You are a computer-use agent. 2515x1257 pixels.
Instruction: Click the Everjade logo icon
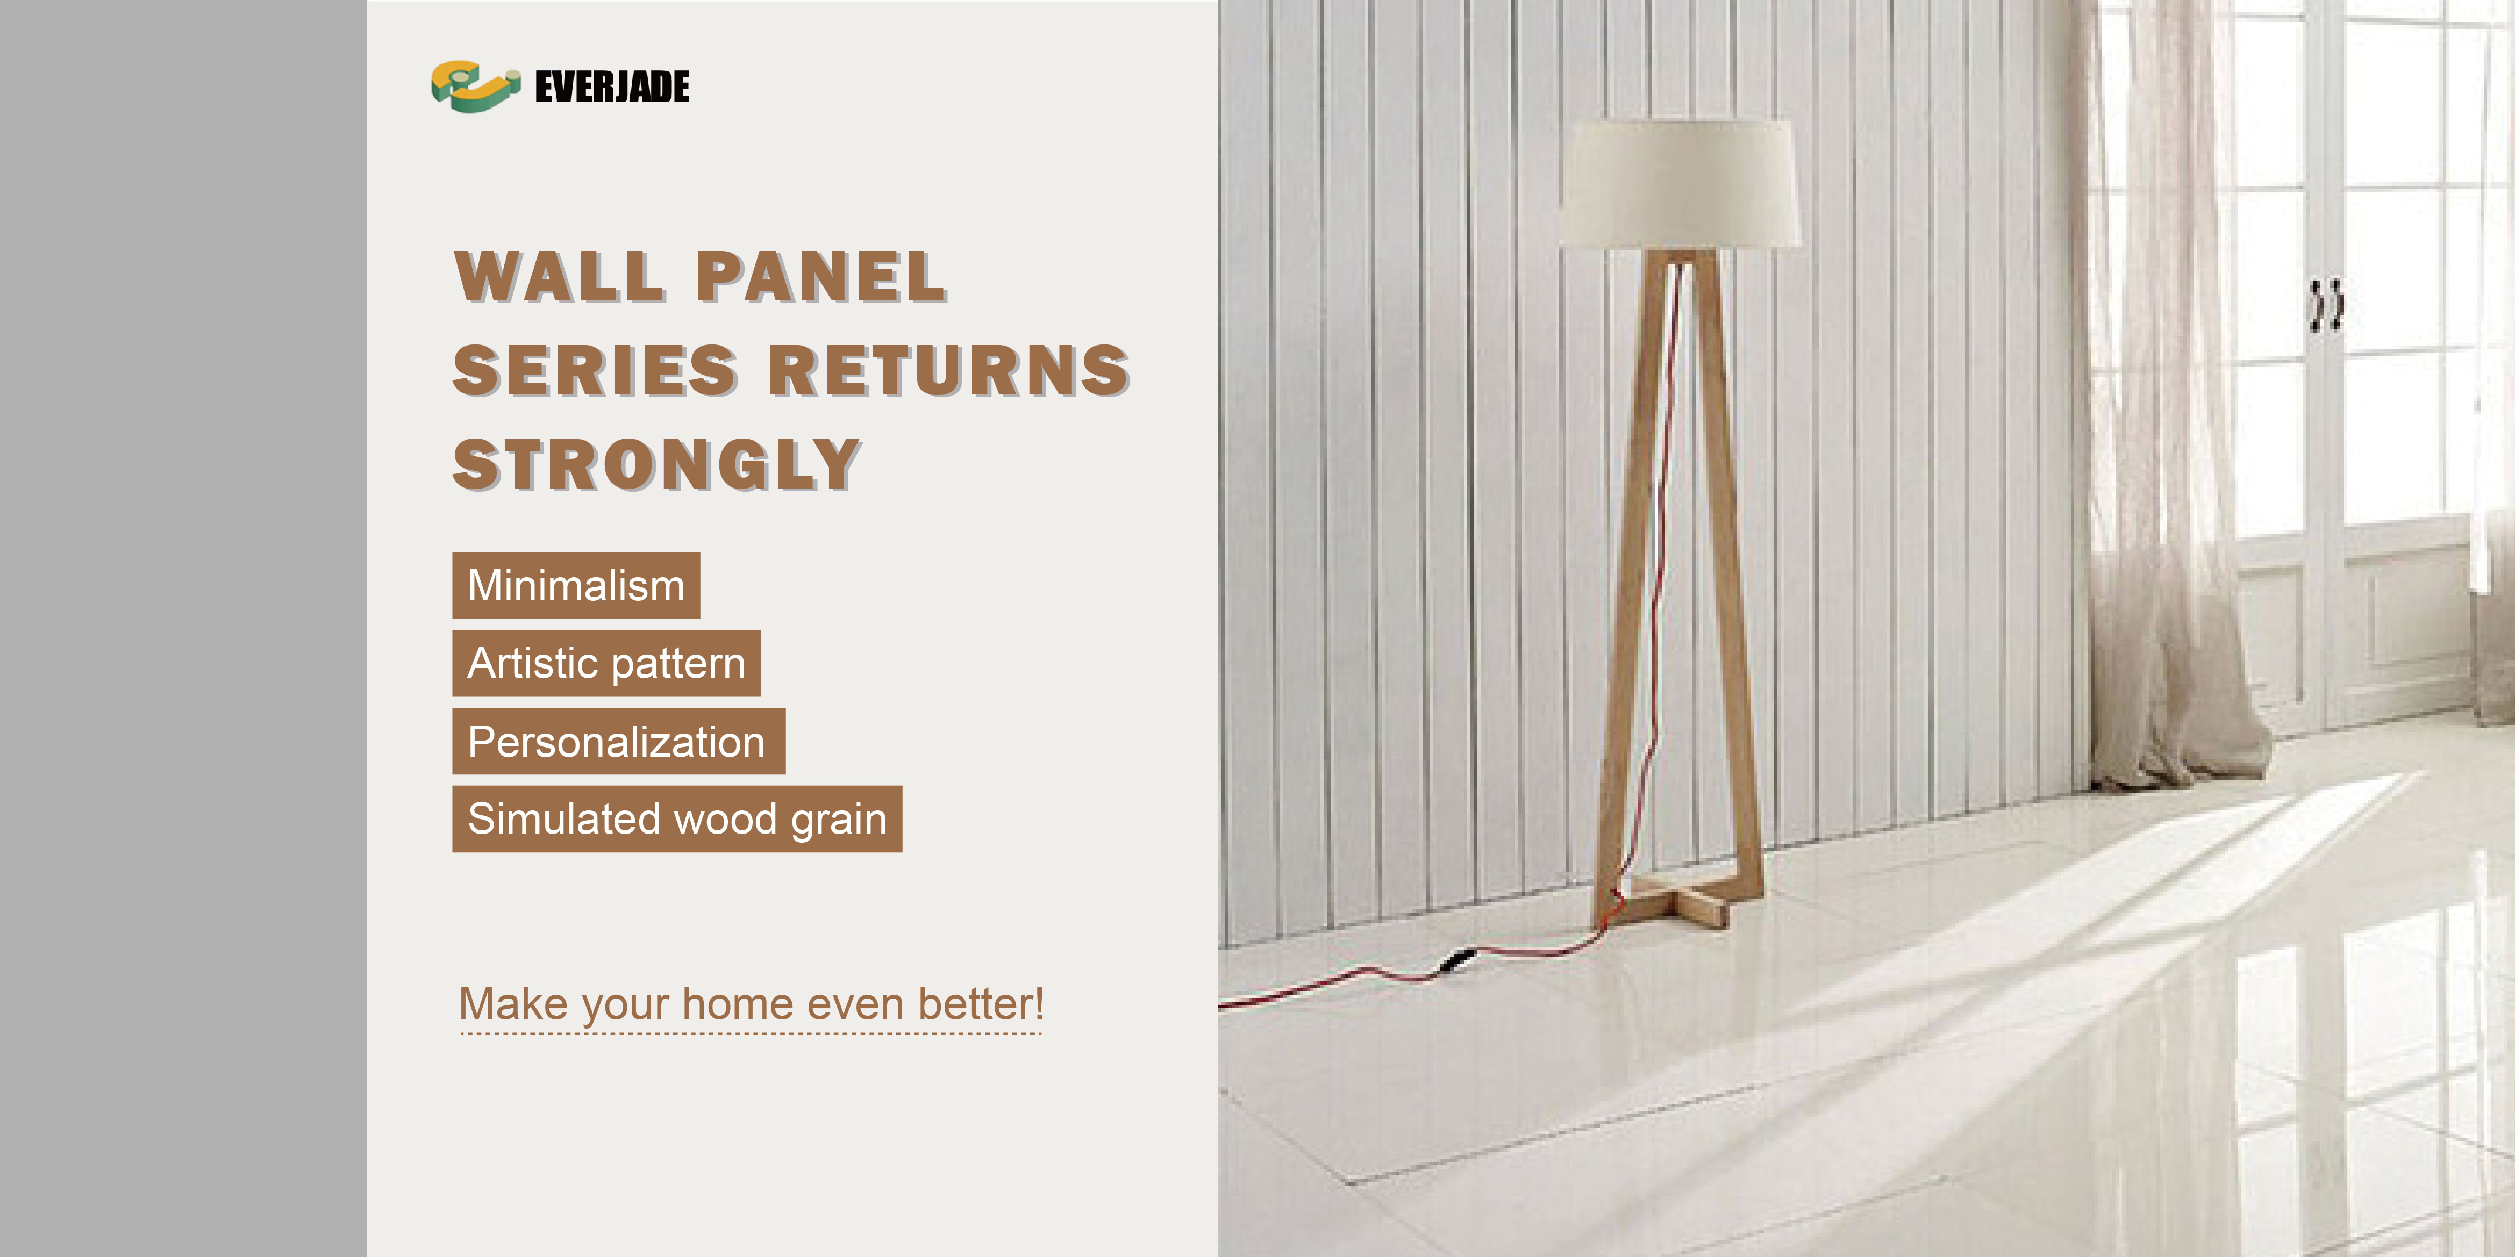click(475, 86)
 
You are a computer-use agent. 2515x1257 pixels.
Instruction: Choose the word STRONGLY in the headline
click(657, 464)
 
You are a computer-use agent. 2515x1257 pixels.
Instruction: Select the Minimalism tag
click(576, 586)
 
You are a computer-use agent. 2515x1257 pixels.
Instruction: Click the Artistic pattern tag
click(606, 664)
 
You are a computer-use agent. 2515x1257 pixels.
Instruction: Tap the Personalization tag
click(619, 742)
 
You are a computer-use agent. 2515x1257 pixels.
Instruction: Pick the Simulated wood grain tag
click(677, 819)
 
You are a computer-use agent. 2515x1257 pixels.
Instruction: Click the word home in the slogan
click(738, 1004)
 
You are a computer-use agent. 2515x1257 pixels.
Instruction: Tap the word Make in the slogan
click(513, 1004)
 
